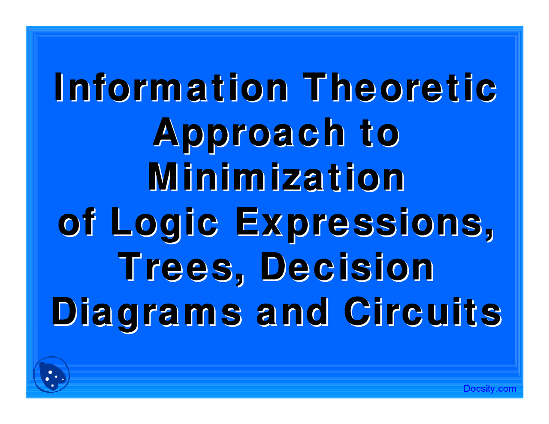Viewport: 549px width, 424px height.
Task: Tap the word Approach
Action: (x=249, y=133)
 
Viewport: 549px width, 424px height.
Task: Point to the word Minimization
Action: (x=276, y=177)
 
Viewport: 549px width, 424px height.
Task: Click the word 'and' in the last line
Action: (x=292, y=312)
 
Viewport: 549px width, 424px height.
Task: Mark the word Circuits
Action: (x=422, y=312)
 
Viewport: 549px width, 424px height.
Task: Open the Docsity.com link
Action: (x=489, y=389)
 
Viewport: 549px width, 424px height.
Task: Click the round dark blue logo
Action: (x=51, y=374)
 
